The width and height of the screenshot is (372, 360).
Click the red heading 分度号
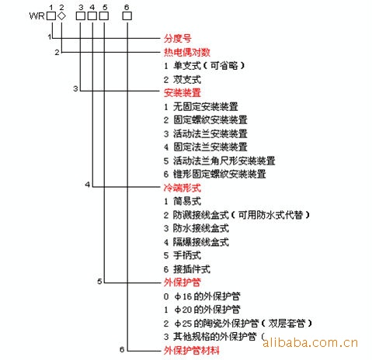(x=177, y=39)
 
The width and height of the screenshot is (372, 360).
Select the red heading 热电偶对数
(x=186, y=52)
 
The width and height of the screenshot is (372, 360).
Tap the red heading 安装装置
(x=183, y=92)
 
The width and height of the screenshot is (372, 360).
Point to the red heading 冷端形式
(x=183, y=188)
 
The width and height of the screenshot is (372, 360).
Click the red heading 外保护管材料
(x=191, y=351)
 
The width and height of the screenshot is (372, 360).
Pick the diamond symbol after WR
(x=61, y=16)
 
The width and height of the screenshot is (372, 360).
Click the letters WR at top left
(x=37, y=16)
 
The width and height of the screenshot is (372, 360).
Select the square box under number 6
(x=127, y=16)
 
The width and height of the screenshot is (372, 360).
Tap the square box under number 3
(x=81, y=16)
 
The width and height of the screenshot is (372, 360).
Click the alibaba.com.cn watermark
(x=310, y=343)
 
